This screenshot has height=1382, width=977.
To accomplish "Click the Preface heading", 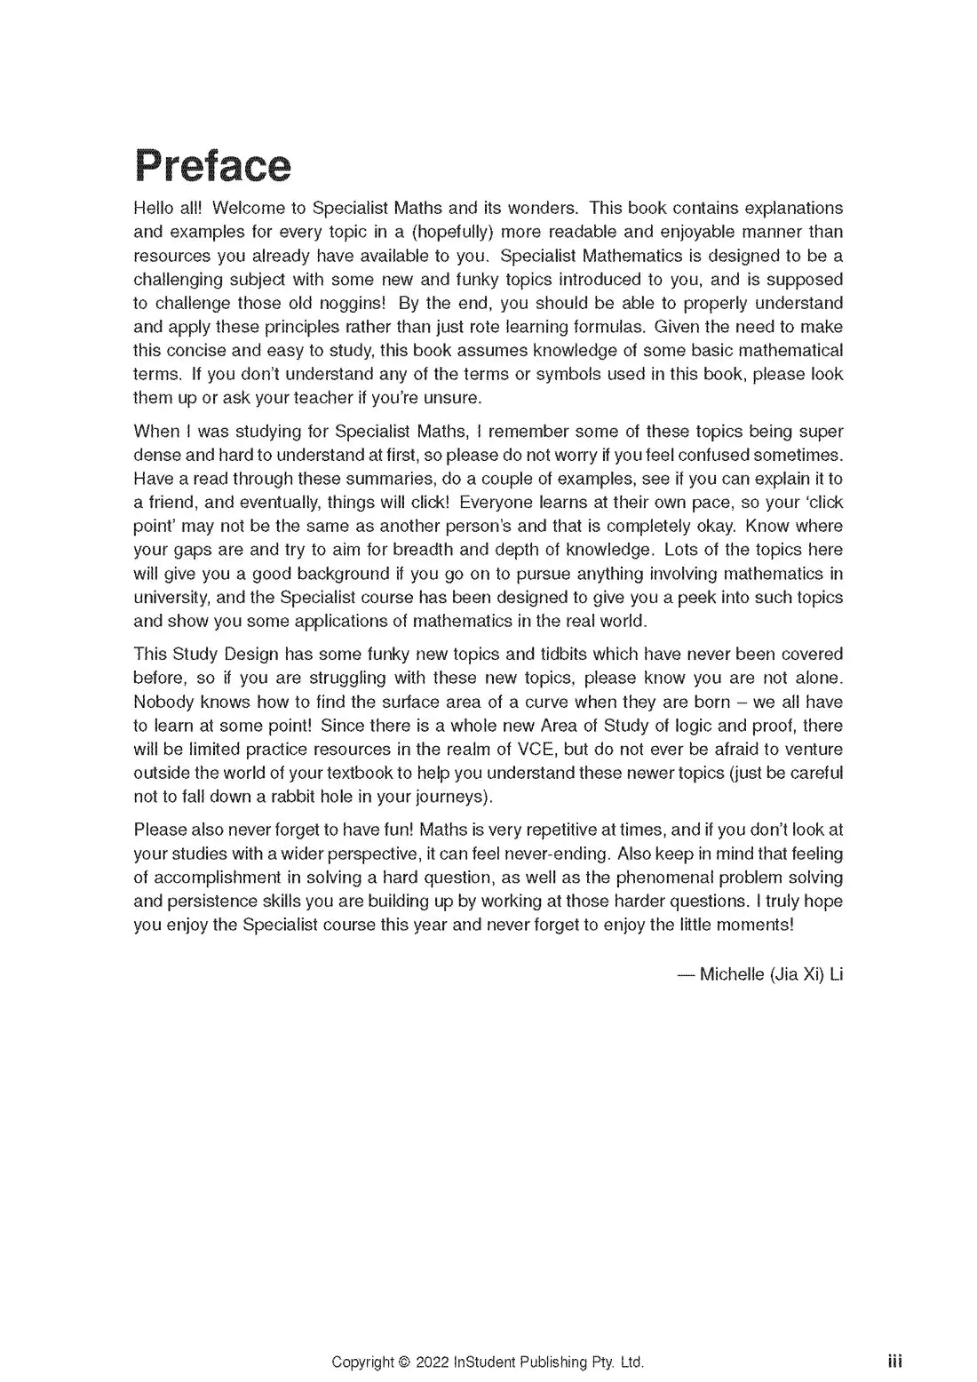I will (x=212, y=166).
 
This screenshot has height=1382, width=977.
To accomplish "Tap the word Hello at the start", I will (x=152, y=208).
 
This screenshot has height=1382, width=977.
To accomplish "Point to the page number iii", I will (x=894, y=1361).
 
